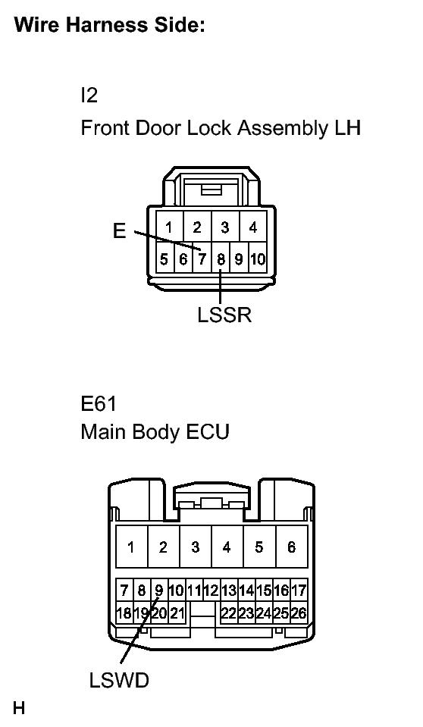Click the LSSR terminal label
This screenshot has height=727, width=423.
[x=224, y=315]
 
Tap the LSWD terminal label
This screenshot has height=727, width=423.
[x=119, y=681]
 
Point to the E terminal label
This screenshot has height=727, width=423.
[x=119, y=230]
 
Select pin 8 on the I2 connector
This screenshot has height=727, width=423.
[x=221, y=259]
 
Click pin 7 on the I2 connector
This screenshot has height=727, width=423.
[x=202, y=259]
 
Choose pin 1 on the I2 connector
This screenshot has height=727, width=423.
[x=169, y=227]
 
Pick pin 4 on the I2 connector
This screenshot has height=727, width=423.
[x=252, y=227]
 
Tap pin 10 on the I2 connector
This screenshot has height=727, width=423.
[x=258, y=259]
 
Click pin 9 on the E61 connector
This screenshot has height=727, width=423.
[x=158, y=591]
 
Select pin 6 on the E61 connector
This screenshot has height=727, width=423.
[x=291, y=547]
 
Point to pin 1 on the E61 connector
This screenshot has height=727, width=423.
[x=131, y=547]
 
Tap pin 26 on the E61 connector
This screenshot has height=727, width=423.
[x=298, y=613]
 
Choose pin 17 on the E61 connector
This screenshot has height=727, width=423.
[x=298, y=591]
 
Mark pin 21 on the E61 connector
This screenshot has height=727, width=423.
[x=177, y=613]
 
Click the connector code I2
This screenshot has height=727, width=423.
[x=89, y=95]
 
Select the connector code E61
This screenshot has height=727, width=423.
[x=99, y=403]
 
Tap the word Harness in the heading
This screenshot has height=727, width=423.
[x=106, y=24]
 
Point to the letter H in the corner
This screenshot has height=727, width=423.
[x=19, y=708]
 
